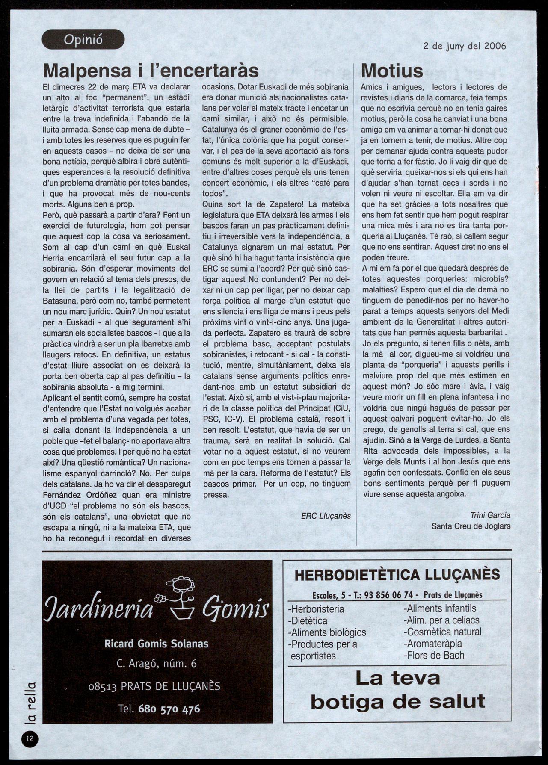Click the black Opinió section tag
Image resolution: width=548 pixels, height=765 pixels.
83,40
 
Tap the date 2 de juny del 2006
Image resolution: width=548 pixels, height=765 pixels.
464,46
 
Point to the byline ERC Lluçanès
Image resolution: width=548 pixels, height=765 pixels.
326,516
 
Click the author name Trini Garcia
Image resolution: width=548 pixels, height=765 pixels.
490,515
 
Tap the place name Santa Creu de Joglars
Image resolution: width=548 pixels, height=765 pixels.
471,526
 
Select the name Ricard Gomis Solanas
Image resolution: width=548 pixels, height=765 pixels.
156,644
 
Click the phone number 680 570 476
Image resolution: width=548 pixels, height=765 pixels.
169,709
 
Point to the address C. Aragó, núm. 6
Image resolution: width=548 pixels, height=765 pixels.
156,664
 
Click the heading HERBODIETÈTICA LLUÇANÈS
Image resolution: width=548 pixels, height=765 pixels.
397,575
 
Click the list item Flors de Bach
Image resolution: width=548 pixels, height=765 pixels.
434,655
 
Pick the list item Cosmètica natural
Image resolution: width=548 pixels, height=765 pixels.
442,632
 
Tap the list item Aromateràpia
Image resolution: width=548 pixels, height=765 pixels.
432,643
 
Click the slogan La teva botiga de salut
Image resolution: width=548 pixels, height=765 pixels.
397,690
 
